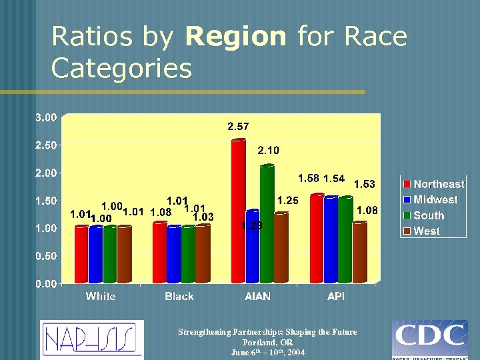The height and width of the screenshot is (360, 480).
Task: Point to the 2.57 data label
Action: (239, 126)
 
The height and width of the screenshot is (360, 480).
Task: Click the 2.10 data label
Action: (268, 151)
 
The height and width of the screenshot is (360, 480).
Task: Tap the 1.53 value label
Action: (365, 184)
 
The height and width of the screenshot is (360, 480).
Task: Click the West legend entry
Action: (427, 231)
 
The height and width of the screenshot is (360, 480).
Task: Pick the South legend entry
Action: (429, 215)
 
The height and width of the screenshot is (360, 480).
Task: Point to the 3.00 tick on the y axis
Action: (46, 117)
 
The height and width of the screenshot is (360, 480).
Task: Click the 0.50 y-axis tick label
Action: (46, 256)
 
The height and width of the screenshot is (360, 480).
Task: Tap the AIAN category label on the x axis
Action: (258, 296)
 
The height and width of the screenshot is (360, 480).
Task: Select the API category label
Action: (336, 296)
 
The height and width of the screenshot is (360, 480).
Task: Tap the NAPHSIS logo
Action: (91, 339)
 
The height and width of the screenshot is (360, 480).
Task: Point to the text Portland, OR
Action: (267, 342)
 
